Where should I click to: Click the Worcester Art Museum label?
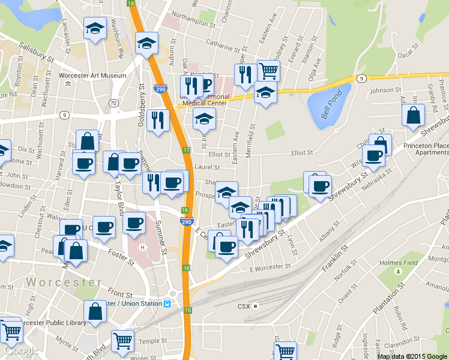click(x=93, y=76)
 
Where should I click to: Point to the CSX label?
click(x=243, y=306)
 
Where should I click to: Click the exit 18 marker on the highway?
click(x=131, y=4)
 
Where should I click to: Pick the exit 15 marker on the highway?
click(x=188, y=310)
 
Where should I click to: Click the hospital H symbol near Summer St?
click(x=142, y=247)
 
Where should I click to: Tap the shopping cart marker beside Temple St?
click(x=123, y=341)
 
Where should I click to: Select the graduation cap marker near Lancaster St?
click(x=95, y=29)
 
